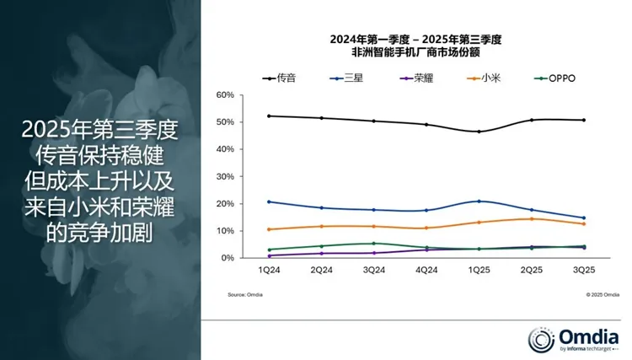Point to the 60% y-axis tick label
pos(224,95)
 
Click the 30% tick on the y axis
pos(224,176)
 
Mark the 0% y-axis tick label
pos(227,258)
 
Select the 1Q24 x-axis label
pos(268,271)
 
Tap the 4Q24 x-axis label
pos(426,271)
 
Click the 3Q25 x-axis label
pos(583,271)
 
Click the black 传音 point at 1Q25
pos(479,132)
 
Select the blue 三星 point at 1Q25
pos(479,201)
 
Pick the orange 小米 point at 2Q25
pos(531,219)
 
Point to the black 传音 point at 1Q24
pos(268,116)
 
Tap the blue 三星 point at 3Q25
pos(583,218)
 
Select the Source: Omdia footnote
pos(244,295)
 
